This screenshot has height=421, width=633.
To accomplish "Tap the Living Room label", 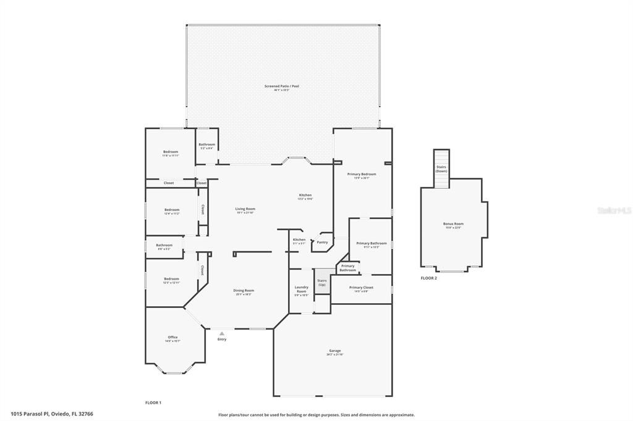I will pos(245,209).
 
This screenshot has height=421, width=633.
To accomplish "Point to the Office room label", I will pos(172,337).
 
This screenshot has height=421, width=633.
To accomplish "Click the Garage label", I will pos(334,351).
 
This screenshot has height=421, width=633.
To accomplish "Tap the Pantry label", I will pos(322,242).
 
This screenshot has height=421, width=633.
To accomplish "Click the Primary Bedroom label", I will pos(362,174).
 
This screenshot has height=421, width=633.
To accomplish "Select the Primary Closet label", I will pos(361,288).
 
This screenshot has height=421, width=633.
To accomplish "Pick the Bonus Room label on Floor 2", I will pos(452,223).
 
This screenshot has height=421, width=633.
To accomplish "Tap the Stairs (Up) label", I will pos(321,282).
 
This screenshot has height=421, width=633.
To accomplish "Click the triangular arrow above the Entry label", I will pos(221,333).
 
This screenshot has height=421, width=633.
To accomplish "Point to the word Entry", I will pos(221,340).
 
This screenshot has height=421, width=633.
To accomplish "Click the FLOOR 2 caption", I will pos(428,278).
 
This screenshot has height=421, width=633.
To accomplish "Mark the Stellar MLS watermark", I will pos(614,210).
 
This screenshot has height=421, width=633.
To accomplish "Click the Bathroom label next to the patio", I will pos(206,144).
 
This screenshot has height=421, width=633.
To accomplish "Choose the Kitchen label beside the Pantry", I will pos(299,240).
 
